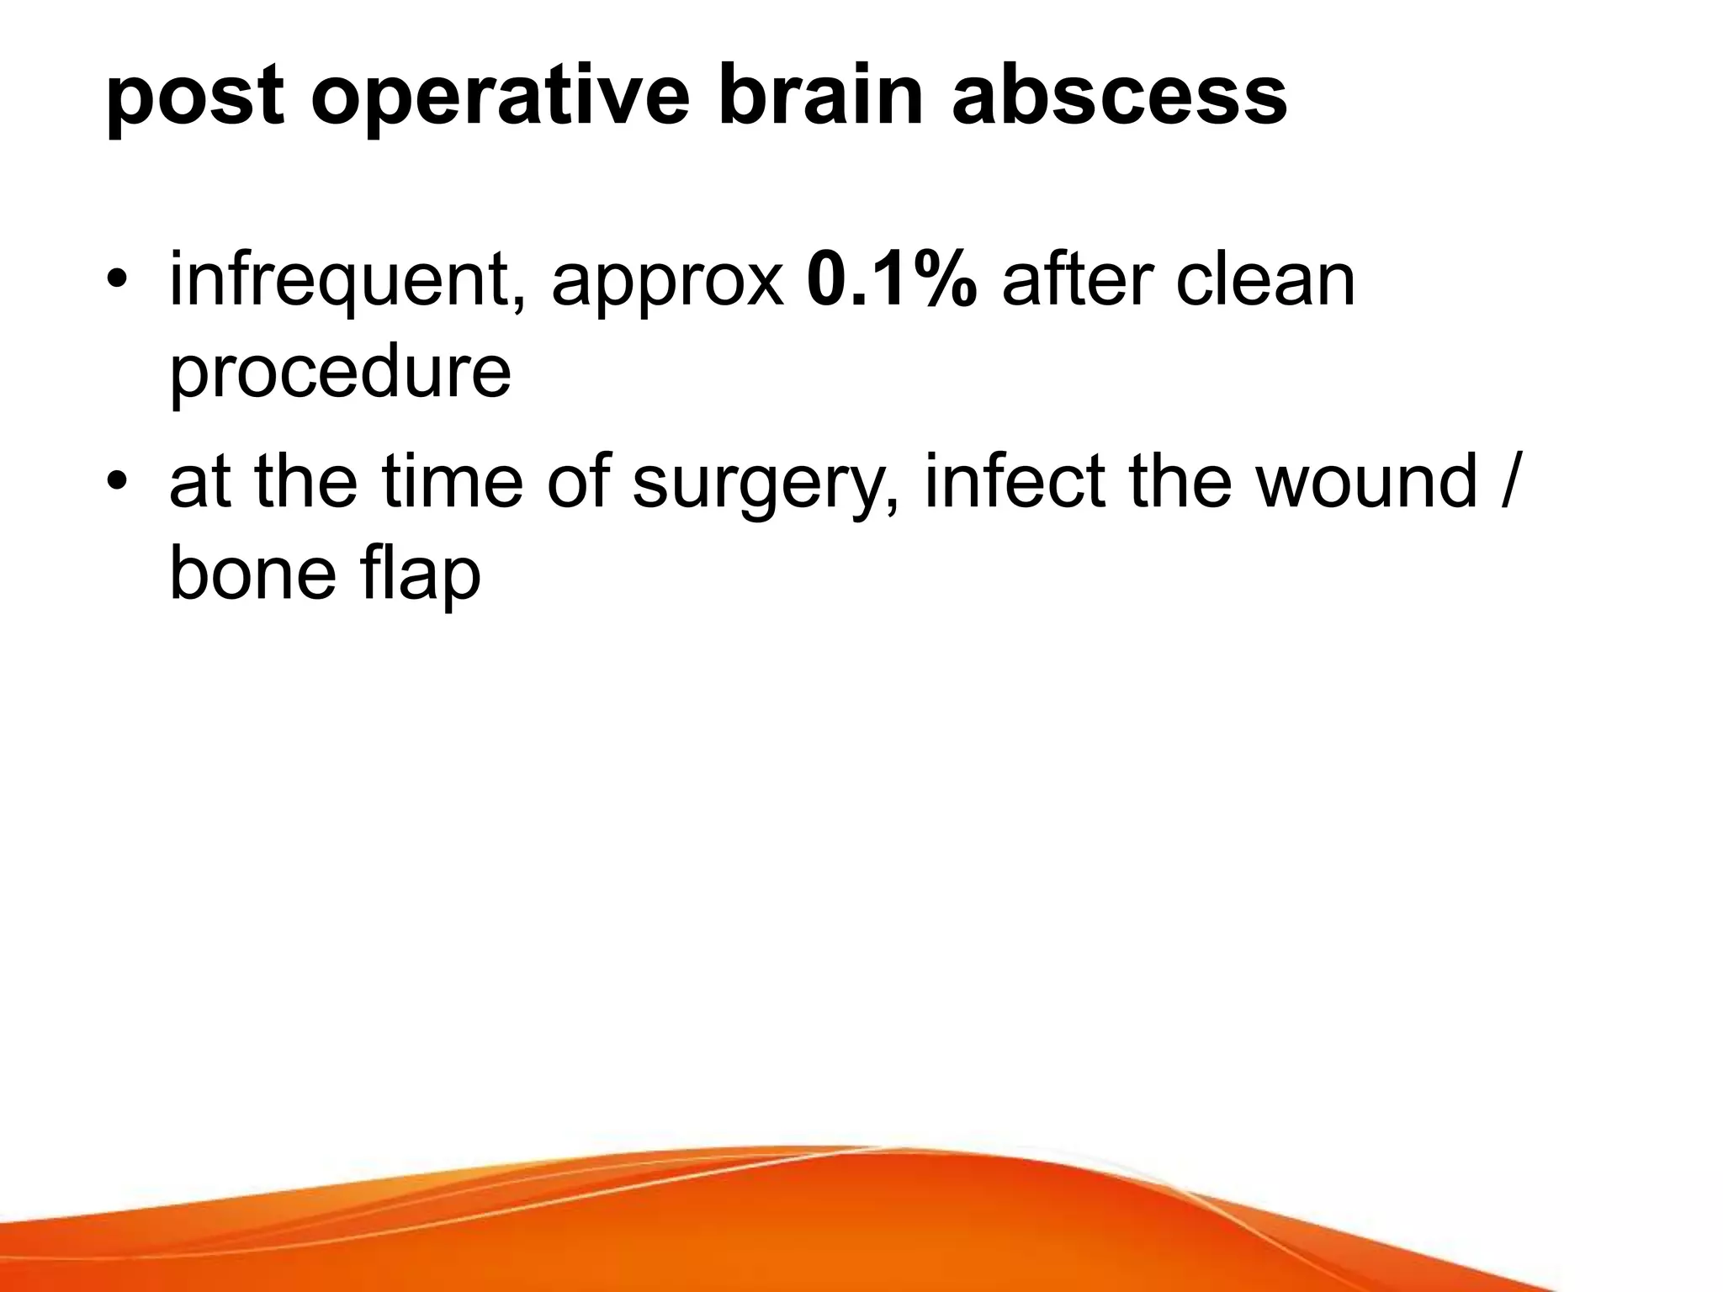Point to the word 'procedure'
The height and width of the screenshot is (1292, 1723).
(x=340, y=374)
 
